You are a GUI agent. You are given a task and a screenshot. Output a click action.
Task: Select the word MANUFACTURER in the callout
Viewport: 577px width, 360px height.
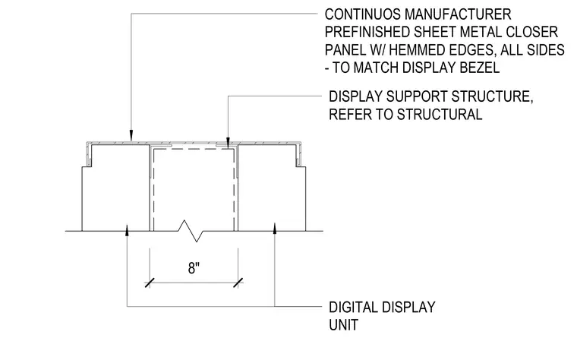(x=458, y=14)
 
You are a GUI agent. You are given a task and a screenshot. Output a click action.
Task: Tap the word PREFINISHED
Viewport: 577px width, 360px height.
(x=367, y=33)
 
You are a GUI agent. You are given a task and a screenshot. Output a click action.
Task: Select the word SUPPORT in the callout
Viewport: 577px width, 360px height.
(x=417, y=96)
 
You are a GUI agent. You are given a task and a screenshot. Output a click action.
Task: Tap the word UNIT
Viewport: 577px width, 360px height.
(x=343, y=325)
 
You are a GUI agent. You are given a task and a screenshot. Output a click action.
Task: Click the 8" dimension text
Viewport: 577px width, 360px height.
(x=194, y=268)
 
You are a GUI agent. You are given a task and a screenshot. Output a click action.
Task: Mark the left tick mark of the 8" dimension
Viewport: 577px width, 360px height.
(x=150, y=283)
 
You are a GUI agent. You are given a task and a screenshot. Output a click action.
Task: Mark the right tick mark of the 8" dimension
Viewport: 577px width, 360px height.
(x=238, y=283)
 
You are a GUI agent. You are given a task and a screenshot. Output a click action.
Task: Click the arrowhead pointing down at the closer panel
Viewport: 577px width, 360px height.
(x=131, y=135)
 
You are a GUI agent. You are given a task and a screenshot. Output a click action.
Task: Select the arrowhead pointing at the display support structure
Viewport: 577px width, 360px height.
(x=229, y=143)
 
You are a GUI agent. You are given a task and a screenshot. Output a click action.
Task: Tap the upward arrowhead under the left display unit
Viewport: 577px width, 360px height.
(x=127, y=229)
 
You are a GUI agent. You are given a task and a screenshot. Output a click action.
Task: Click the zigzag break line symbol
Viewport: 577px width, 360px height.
(x=191, y=231)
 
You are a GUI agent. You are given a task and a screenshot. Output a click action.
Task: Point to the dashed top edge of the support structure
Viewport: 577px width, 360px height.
(x=194, y=150)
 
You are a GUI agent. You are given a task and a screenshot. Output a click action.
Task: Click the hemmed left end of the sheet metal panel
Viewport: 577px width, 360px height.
(x=88, y=153)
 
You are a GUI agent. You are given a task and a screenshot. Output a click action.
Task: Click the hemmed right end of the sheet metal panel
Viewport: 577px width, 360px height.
(x=299, y=153)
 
